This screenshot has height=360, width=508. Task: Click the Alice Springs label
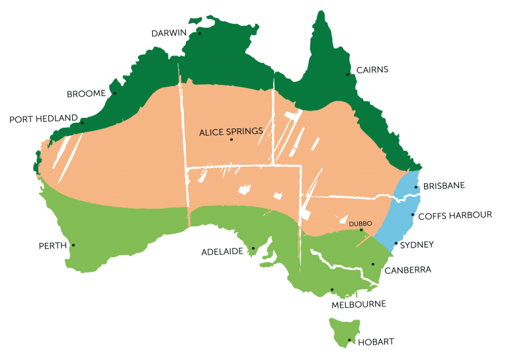231,132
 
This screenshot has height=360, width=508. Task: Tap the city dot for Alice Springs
231,140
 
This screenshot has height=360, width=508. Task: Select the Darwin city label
170,33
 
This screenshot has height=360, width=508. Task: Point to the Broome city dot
114,93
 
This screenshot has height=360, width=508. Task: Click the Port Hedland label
43,119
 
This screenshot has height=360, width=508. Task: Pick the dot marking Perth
73,246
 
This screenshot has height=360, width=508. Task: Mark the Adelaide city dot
253,249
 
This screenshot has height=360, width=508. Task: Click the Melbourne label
359,304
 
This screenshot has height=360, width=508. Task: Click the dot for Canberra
373,265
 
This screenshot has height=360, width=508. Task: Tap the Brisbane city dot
416,187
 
